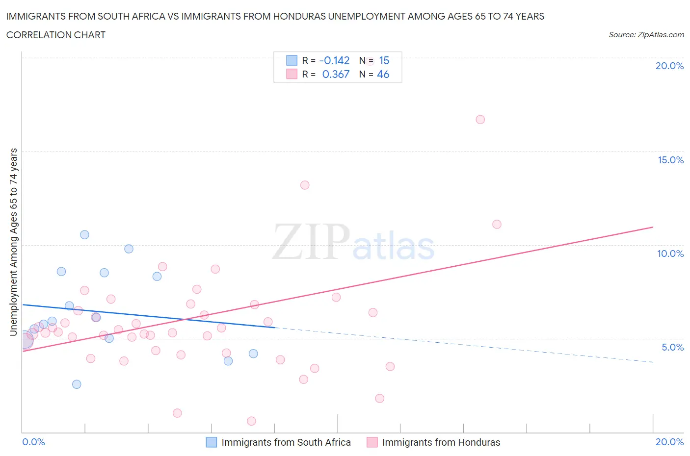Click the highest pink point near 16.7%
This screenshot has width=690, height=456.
[480, 120]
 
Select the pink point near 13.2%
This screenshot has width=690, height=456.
[305, 185]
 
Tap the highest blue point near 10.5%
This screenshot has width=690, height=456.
[84, 235]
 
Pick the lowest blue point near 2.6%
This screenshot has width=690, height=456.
[77, 384]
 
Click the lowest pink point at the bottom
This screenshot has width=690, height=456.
[251, 421]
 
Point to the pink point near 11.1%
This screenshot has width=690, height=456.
[497, 225]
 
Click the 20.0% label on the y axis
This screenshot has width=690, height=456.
[669, 66]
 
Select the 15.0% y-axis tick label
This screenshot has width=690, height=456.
[670, 160]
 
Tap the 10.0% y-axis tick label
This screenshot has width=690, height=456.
[670, 253]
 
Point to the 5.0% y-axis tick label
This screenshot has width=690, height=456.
[672, 347]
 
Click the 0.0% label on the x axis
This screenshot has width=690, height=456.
[33, 442]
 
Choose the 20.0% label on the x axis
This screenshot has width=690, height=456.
[669, 442]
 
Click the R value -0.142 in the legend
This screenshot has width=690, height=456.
[334, 60]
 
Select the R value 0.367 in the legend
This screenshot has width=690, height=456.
[336, 74]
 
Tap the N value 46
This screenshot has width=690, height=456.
[383, 74]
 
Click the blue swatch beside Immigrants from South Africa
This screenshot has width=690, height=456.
[211, 442]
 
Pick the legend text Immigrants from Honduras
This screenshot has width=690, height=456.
[441, 442]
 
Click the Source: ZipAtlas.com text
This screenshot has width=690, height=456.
[646, 35]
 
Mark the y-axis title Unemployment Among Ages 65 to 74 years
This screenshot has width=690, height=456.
[14, 242]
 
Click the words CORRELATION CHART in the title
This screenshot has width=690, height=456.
[56, 35]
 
